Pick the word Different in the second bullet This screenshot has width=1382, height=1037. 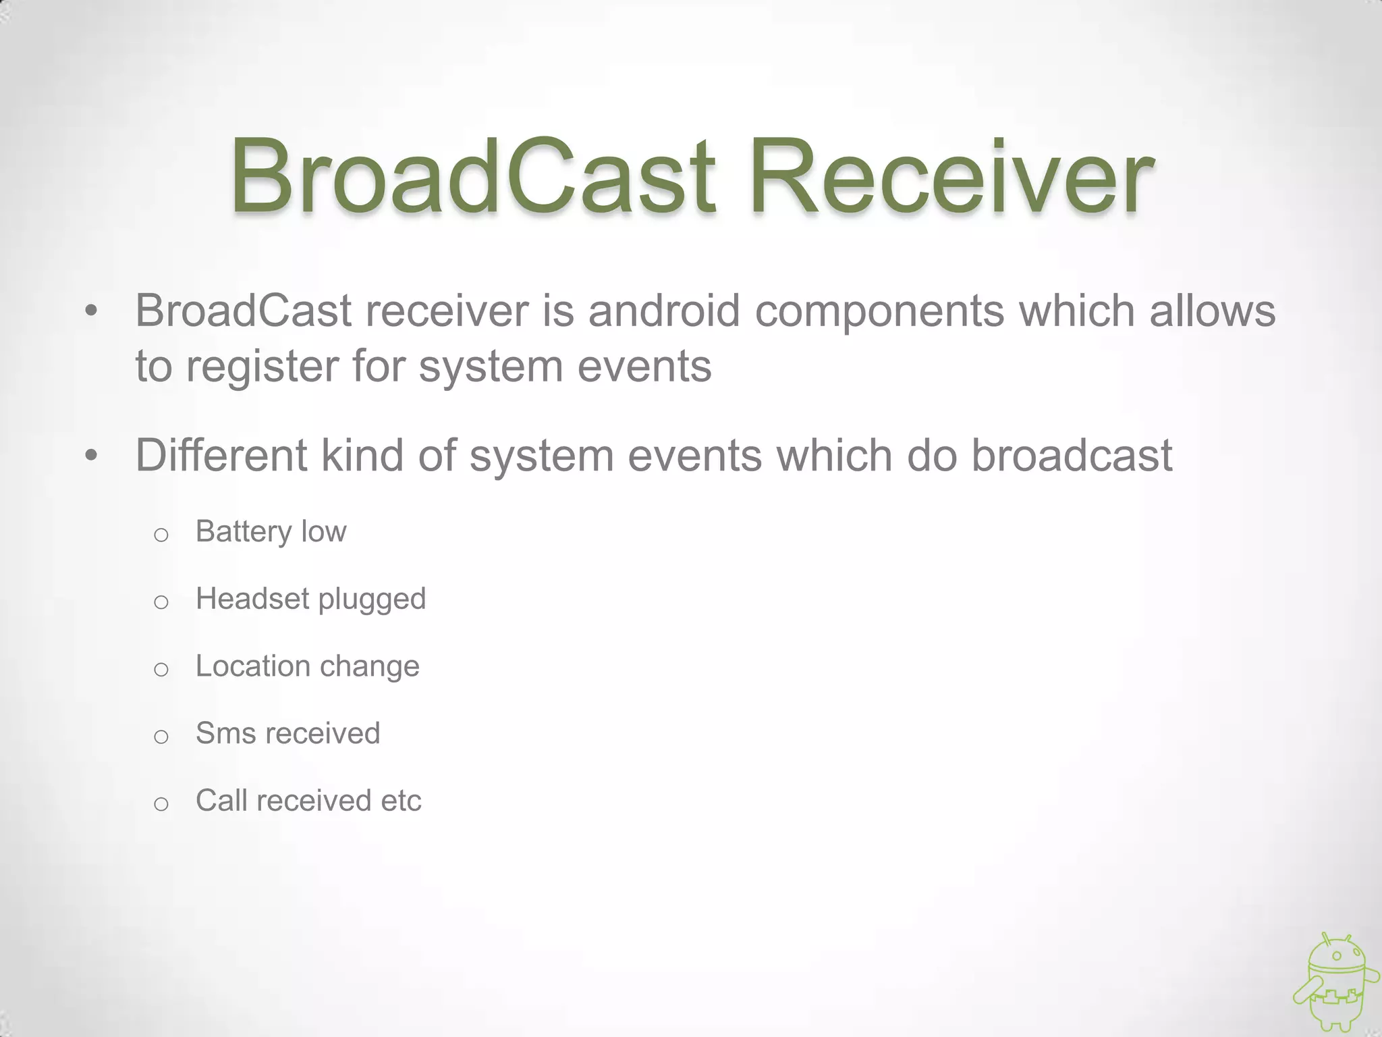[221, 455]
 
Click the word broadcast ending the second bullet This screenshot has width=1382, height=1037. [1072, 455]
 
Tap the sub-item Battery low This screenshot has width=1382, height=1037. [271, 531]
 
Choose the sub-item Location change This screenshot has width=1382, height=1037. [307, 666]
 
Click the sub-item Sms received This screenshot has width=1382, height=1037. [287, 733]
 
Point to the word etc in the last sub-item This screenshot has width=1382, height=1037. [401, 801]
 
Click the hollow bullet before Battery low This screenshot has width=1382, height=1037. [161, 535]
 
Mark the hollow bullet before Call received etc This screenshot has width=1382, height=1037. [161, 804]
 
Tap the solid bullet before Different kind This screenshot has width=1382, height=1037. [92, 456]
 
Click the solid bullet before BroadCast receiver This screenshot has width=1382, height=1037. [92, 312]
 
